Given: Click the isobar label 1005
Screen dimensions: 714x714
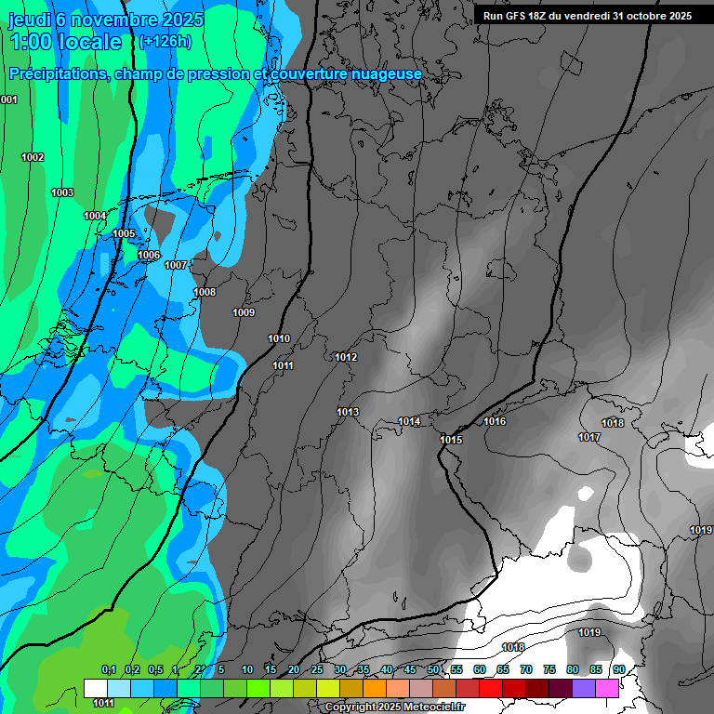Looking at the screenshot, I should pyautogui.click(x=124, y=233).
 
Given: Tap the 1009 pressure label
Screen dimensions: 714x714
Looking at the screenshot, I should pyautogui.click(x=244, y=312).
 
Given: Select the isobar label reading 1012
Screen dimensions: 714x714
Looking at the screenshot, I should pyautogui.click(x=346, y=357).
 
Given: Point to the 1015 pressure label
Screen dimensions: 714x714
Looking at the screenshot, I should pyautogui.click(x=451, y=440).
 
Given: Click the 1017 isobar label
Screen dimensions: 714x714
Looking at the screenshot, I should pyautogui.click(x=588, y=437).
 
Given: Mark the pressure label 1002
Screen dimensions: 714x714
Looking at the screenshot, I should pyautogui.click(x=33, y=157).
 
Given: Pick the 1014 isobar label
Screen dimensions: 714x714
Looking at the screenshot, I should pyautogui.click(x=409, y=421).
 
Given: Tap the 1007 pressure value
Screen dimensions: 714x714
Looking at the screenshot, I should pyautogui.click(x=176, y=265).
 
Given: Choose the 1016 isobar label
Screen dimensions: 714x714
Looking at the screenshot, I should pyautogui.click(x=495, y=421).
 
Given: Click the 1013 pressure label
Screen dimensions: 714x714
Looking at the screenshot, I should pyautogui.click(x=348, y=412).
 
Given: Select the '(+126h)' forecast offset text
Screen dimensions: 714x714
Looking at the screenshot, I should pyautogui.click(x=164, y=42).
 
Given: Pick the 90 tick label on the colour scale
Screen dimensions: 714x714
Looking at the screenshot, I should pyautogui.click(x=618, y=669).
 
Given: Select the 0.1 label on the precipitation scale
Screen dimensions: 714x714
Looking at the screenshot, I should pyautogui.click(x=108, y=669).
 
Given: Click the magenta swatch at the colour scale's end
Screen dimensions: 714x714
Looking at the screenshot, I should pyautogui.click(x=607, y=688).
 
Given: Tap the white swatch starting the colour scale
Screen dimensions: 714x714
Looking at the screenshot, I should pyautogui.click(x=95, y=688).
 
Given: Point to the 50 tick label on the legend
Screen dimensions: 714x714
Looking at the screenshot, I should pyautogui.click(x=433, y=669).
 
